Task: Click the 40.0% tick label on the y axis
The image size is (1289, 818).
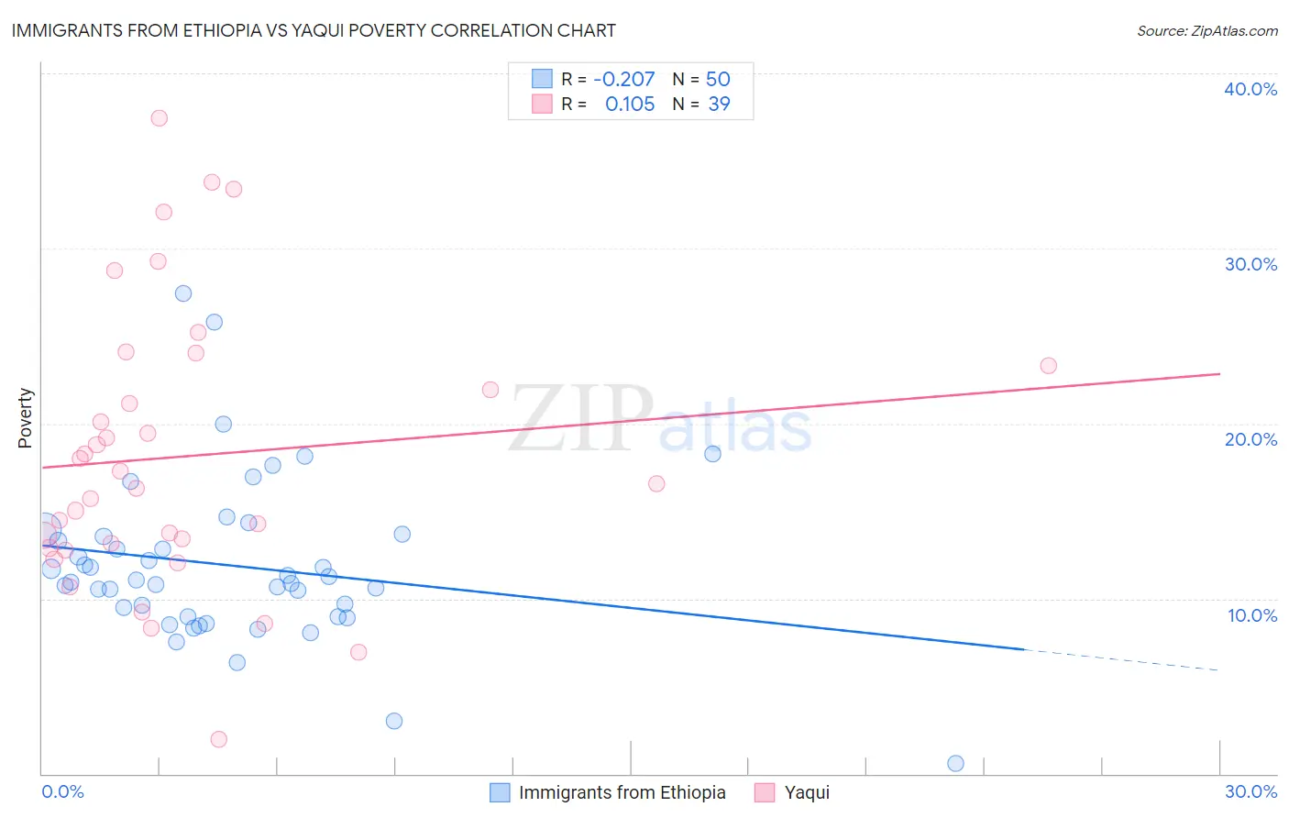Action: click(1250, 89)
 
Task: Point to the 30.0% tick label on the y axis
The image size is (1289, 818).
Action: click(1250, 264)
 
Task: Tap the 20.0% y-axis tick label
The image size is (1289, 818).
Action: click(1250, 439)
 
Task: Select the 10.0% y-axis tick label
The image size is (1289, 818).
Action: click(1252, 615)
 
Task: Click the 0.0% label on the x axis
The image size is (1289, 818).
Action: click(62, 791)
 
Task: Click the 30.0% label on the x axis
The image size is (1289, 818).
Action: click(1250, 791)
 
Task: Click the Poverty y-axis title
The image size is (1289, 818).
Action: click(26, 418)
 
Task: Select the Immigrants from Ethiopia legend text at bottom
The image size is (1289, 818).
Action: click(622, 792)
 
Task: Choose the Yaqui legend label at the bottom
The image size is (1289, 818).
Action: click(807, 792)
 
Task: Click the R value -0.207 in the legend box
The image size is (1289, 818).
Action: click(624, 79)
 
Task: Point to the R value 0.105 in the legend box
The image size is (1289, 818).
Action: click(630, 105)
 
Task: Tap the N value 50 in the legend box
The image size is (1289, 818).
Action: click(718, 79)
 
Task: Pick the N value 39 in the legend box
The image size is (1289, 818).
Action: click(719, 105)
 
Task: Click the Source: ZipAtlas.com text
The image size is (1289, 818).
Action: click(1206, 30)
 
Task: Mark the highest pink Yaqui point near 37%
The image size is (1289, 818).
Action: click(159, 118)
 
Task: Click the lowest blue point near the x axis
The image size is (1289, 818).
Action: click(955, 763)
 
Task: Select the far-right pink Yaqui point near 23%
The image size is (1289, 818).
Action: click(1048, 366)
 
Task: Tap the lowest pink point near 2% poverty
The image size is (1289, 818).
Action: click(218, 739)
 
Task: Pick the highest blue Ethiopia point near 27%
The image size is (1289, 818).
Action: click(183, 293)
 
